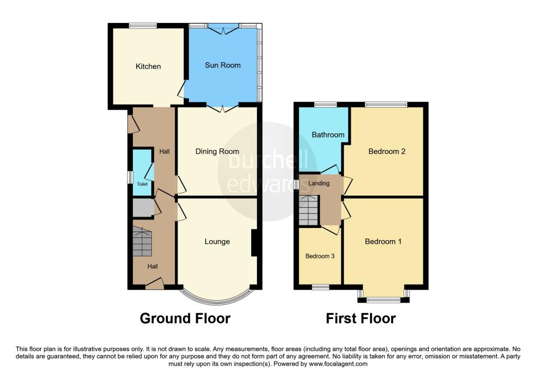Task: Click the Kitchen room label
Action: point(148,66)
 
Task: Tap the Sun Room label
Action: point(222,65)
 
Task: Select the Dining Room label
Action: point(217,151)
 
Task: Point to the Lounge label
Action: point(217,242)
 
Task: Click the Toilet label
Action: point(142,184)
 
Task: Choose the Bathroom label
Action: point(328,134)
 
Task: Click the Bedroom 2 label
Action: point(387,151)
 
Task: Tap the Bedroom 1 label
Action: point(383,242)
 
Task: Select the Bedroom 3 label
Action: point(320,256)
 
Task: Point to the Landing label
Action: point(319,184)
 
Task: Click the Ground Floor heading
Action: point(185,319)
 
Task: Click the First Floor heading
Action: point(361,319)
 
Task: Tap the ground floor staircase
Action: point(142,241)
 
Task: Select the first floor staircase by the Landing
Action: point(309,210)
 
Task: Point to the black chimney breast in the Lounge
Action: point(254,243)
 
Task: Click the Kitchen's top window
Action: point(143,25)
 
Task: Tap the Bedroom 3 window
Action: point(321,287)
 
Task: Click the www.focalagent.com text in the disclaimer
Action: point(338,364)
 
